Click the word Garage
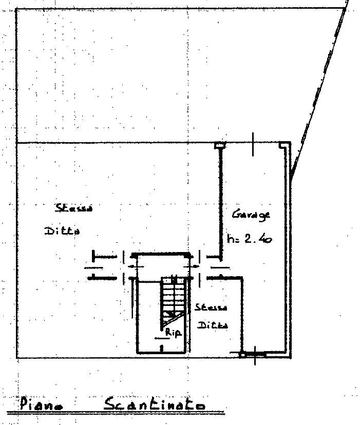251,215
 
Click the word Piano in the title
42,403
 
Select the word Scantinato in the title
155,404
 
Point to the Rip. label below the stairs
174,333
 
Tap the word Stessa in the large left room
74,208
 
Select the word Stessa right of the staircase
210,307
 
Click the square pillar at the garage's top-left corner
219,145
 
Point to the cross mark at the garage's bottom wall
255,355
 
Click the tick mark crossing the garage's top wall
253,143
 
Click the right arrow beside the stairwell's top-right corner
196,266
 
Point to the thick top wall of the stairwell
161,254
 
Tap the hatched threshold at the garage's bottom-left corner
253,354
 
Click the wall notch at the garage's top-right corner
282,145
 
